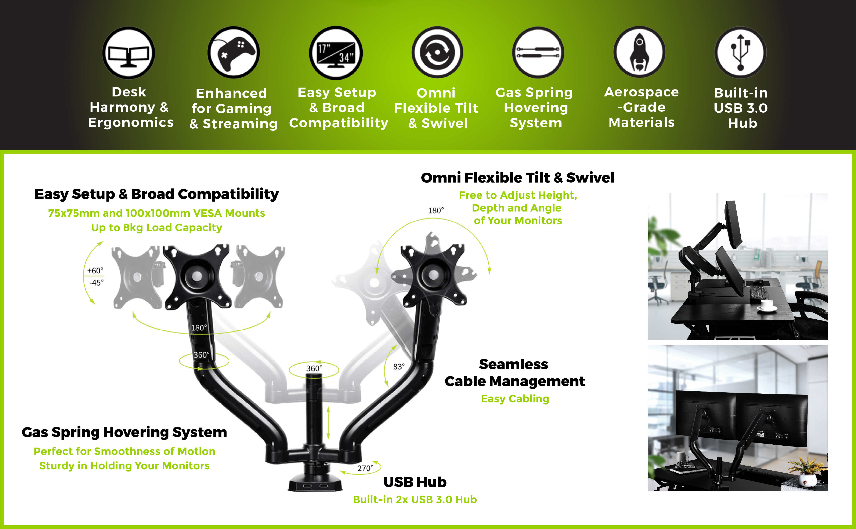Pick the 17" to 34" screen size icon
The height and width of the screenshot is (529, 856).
click(x=336, y=53)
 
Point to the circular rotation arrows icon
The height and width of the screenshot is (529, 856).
click(x=437, y=53)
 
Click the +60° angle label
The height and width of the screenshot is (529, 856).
click(x=95, y=271)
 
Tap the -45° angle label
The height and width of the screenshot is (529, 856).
click(x=96, y=282)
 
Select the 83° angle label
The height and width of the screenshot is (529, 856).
click(x=399, y=367)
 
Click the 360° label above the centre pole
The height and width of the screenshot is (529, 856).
click(x=314, y=368)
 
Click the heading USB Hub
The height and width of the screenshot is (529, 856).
click(x=415, y=482)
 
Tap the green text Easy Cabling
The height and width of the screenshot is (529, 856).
click(x=515, y=398)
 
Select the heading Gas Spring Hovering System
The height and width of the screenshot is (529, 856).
click(x=124, y=432)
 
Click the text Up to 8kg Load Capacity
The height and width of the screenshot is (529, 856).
click(x=156, y=228)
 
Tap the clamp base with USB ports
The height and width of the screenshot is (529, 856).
click(x=315, y=483)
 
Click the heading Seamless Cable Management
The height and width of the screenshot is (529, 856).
click(x=514, y=373)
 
